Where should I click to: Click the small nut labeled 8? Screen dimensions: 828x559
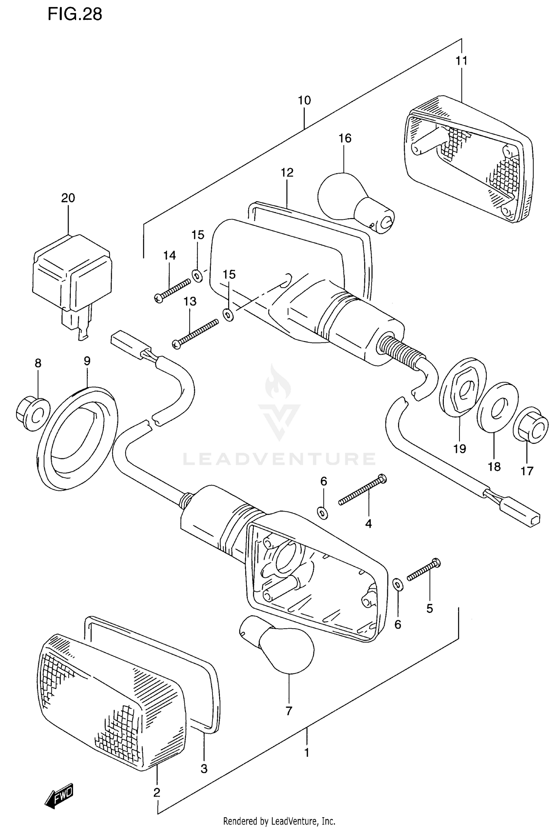click(33, 414)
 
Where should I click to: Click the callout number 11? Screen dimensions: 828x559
click(461, 60)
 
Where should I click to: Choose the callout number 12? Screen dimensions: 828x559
click(287, 173)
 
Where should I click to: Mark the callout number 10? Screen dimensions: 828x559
click(304, 100)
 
